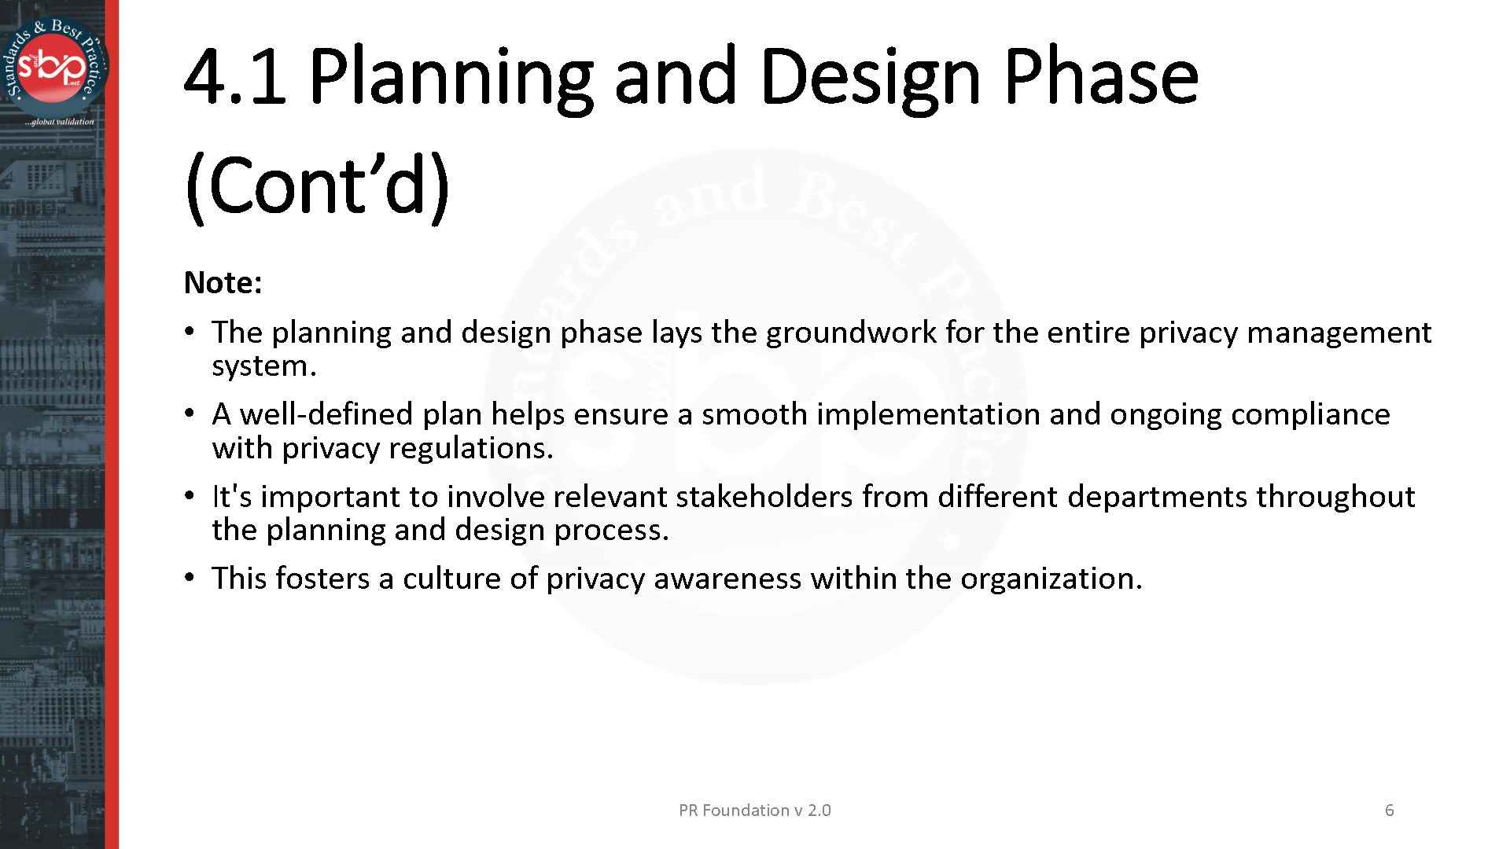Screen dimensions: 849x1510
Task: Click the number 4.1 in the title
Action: [234, 77]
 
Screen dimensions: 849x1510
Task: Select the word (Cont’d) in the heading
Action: [317, 186]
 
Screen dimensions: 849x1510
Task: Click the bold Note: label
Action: [223, 283]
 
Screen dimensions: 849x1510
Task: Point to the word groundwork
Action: [851, 333]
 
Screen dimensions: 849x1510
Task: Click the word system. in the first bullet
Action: [263, 366]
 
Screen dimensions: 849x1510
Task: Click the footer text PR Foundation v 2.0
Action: [754, 810]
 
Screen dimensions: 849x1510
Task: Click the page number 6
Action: [1389, 810]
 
